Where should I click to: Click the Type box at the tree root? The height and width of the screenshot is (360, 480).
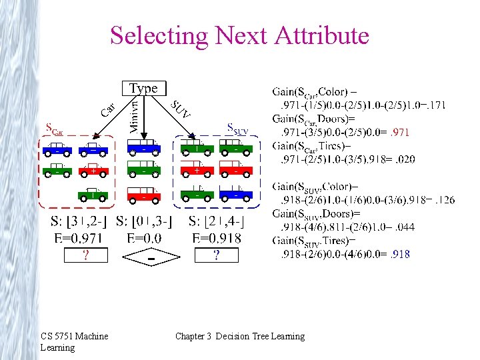coord(143,88)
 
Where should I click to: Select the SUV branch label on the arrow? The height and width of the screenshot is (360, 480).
coord(180,109)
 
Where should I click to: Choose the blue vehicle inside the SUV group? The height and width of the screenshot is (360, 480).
coord(237,195)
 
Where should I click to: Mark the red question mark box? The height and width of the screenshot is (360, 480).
coord(85,255)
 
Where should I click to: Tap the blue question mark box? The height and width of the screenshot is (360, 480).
coord(216,255)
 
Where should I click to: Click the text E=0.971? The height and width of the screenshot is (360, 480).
coord(79,237)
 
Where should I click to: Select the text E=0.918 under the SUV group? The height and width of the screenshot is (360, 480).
coord(216,237)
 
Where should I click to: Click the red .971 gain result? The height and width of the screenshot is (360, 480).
coord(400,133)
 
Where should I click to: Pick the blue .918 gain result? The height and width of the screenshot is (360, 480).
coord(400,253)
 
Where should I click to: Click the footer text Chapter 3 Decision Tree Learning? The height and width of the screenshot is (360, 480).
coord(239,336)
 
